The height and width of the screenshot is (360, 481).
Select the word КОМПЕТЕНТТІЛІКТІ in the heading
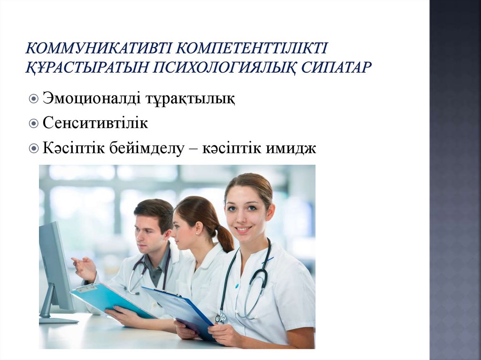point(252,49)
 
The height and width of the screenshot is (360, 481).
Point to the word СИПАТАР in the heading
point(337,67)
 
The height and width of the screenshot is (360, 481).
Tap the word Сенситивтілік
point(95,124)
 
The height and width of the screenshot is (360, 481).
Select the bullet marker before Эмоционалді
point(33,100)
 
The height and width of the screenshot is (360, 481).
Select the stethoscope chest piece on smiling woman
point(220,318)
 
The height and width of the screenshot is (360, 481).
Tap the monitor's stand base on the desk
point(59,320)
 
